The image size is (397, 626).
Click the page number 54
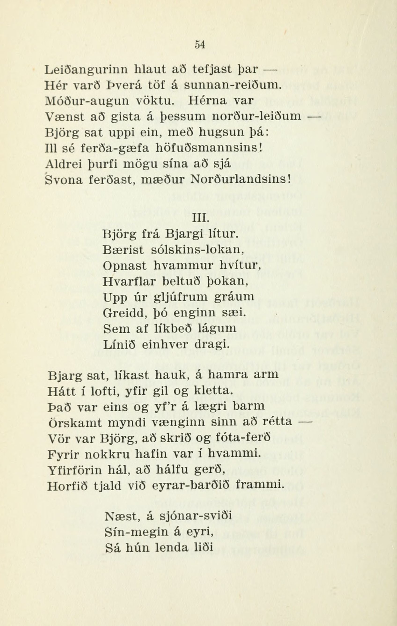(200, 45)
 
